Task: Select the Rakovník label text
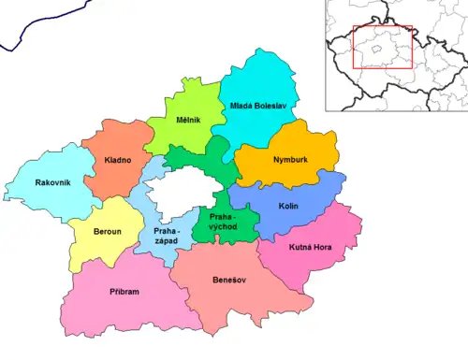point(52,182)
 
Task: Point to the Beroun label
point(106,229)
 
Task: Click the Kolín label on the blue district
point(288,205)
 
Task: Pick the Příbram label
point(124,291)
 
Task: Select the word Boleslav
point(274,107)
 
